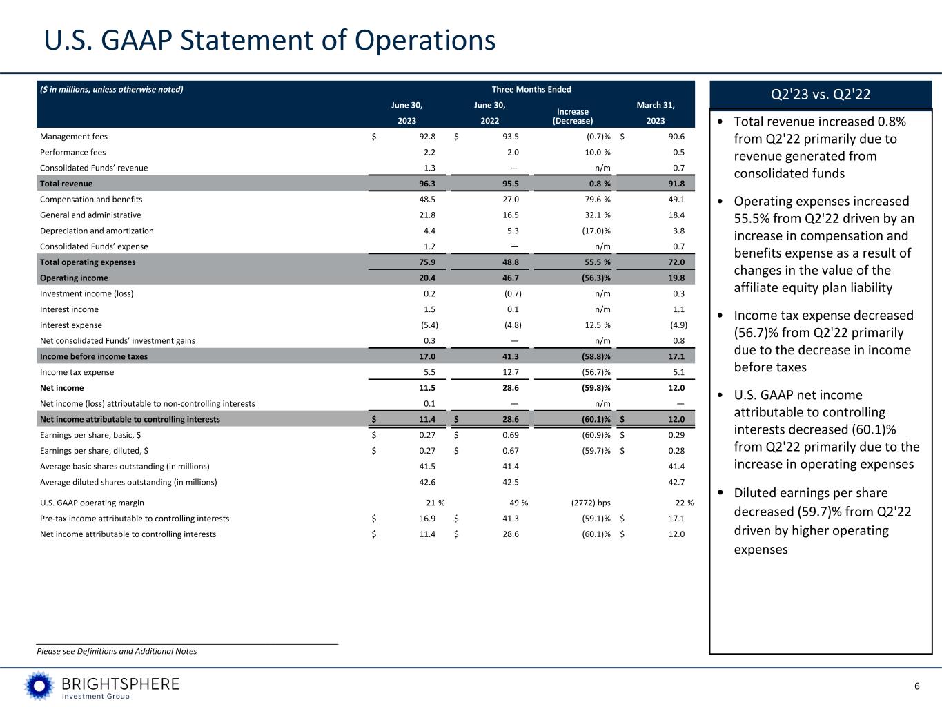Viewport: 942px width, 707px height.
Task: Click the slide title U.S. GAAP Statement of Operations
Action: [270, 41]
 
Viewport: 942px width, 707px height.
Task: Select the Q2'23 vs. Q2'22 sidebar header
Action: [821, 95]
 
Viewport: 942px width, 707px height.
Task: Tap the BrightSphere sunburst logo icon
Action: [39, 686]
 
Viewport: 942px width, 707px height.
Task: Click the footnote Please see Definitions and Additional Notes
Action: [117, 651]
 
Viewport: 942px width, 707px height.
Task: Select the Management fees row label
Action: [74, 137]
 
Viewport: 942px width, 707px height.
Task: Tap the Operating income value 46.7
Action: [509, 278]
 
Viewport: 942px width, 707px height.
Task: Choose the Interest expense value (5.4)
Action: [429, 325]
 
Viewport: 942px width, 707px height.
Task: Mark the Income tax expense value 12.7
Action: [509, 372]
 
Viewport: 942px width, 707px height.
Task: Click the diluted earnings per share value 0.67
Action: [509, 451]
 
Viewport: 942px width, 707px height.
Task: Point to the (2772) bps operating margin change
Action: [586, 503]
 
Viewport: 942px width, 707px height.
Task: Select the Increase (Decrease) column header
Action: [572, 116]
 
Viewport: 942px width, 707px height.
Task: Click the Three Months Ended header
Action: [531, 89]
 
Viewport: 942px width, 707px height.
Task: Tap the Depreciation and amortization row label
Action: [97, 231]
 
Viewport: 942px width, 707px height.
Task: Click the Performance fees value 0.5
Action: [678, 153]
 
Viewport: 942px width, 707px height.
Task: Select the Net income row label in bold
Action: [62, 388]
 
